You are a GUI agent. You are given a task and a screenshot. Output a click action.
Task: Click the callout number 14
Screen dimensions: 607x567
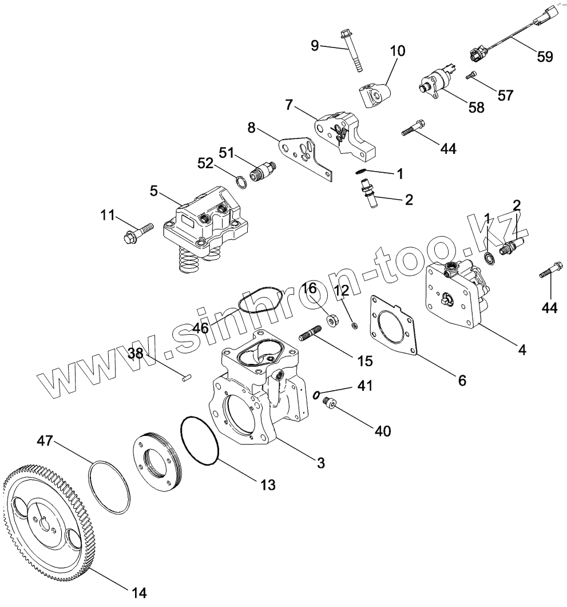139,593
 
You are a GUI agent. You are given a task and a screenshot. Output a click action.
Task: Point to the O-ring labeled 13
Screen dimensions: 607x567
200,441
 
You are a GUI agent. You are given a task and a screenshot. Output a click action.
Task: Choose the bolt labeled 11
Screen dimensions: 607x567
138,232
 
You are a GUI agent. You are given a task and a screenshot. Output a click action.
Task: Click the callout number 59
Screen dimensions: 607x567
545,56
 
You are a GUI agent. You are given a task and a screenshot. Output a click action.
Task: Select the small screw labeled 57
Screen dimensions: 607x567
471,75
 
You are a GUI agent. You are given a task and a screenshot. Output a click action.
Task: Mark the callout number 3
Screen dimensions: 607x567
321,462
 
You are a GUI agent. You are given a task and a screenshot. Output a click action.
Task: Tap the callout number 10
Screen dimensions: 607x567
398,51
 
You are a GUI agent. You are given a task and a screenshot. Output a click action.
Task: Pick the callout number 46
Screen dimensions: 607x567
200,327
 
